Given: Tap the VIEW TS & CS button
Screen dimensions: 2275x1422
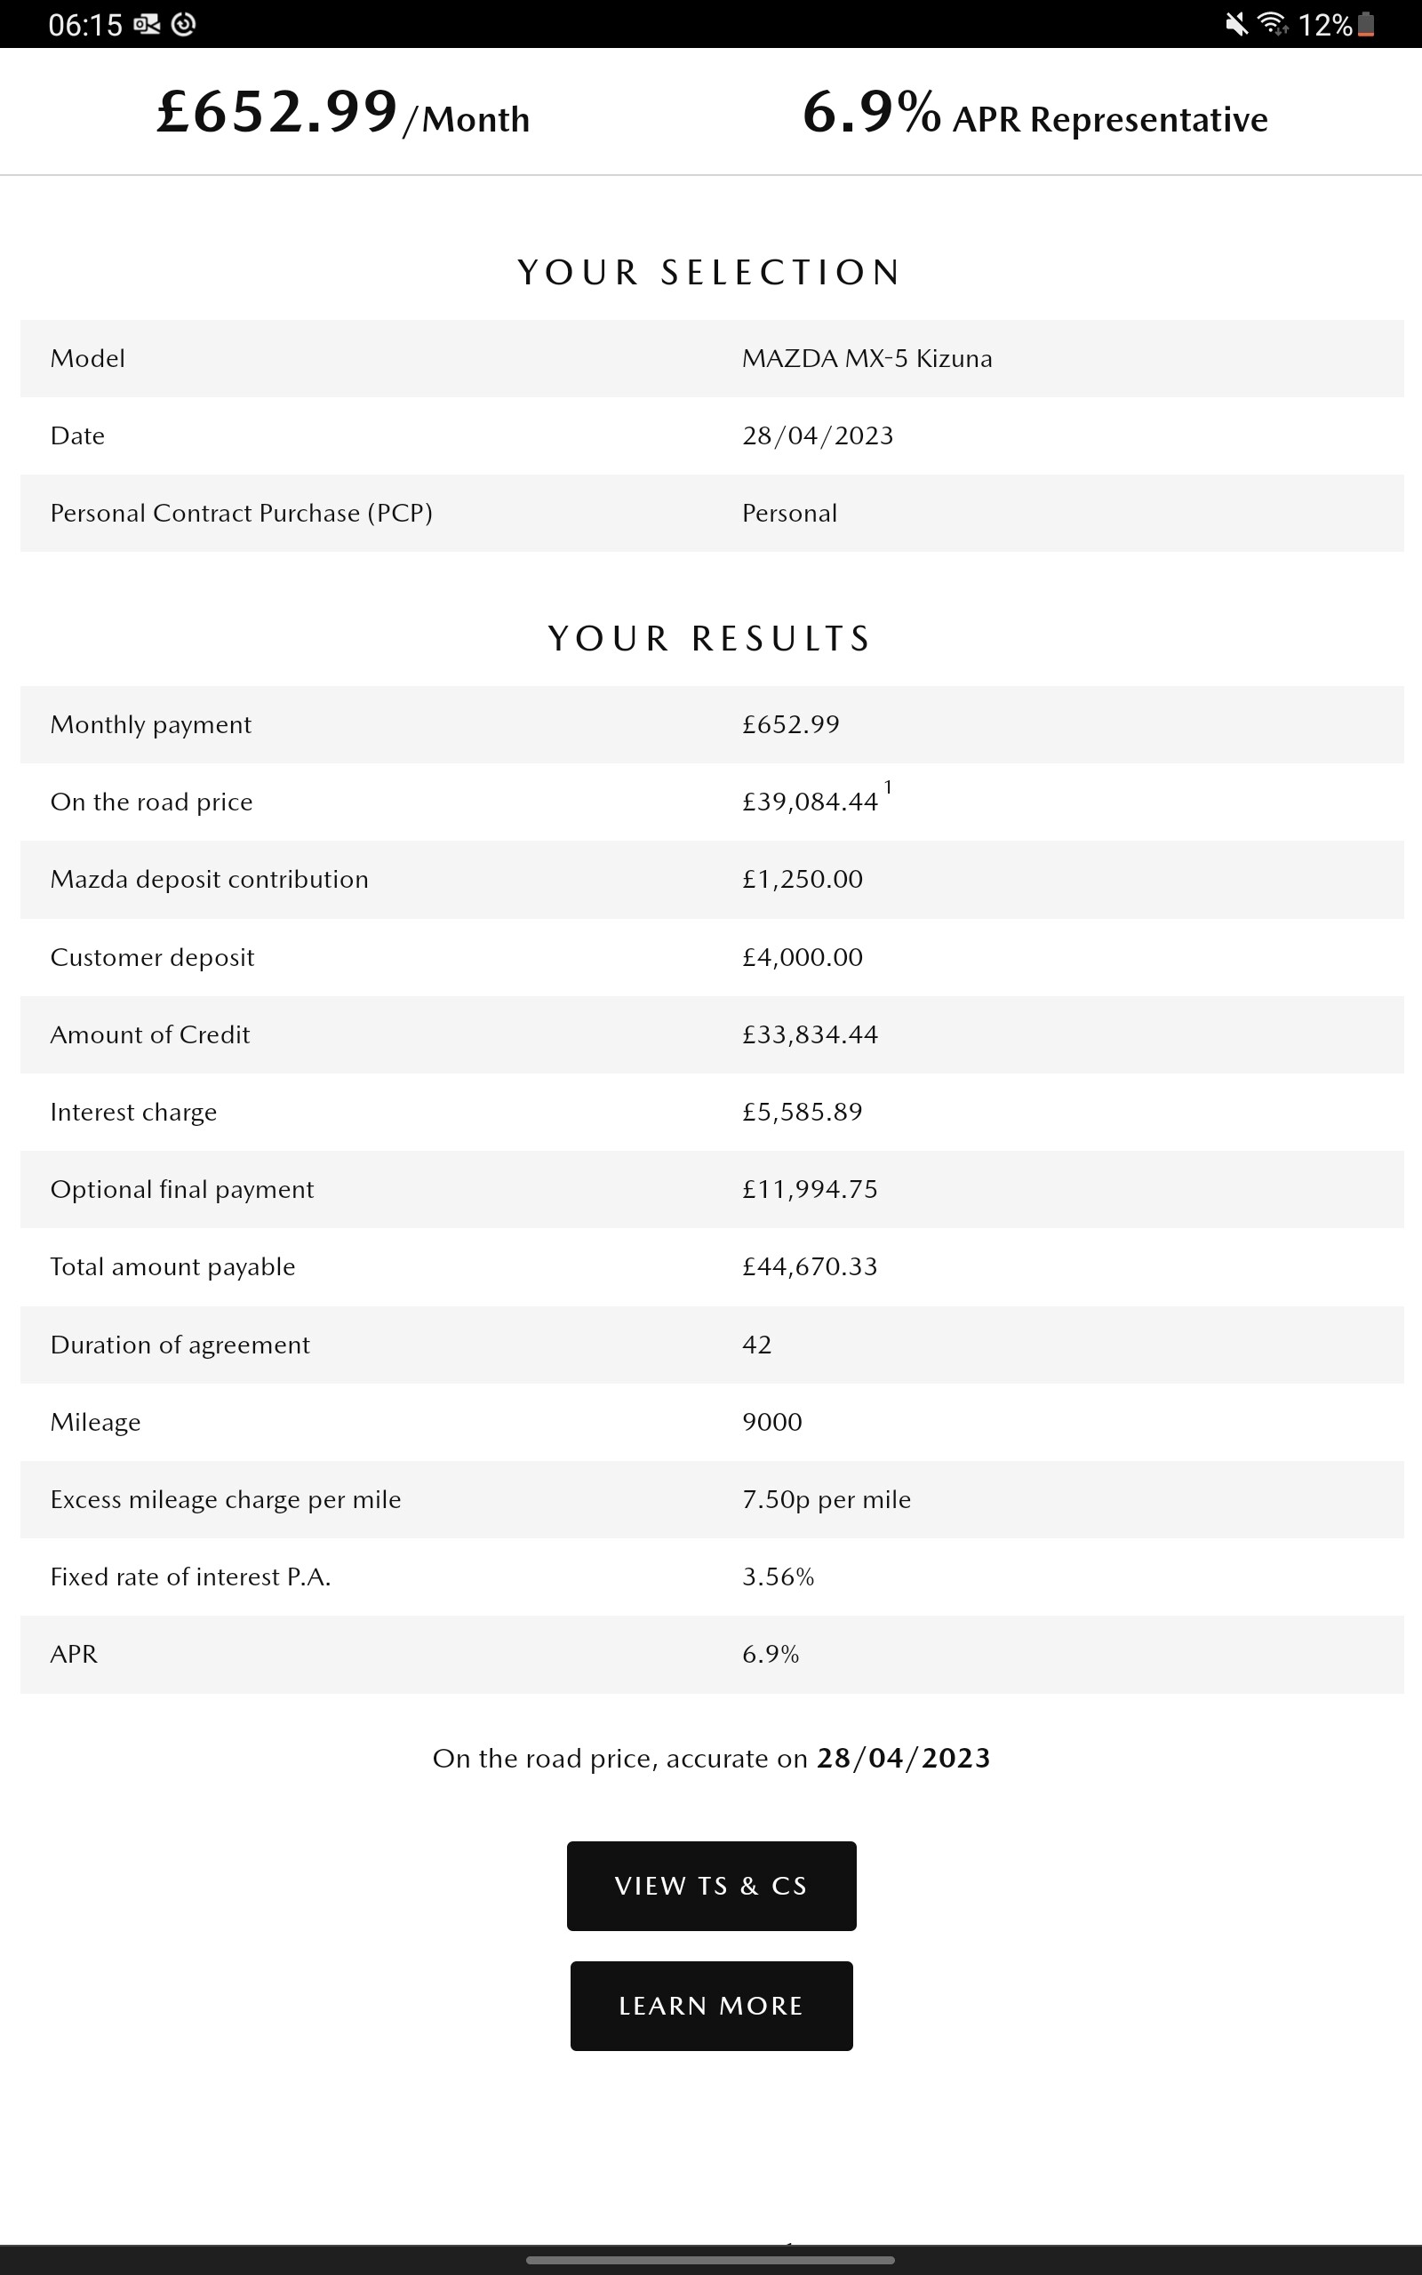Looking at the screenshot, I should (x=711, y=1886).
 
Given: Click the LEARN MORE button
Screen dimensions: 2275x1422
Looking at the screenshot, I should (x=711, y=2005).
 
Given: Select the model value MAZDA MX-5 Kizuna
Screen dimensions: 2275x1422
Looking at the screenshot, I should (x=867, y=358).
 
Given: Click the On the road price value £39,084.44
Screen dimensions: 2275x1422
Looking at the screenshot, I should (x=809, y=802).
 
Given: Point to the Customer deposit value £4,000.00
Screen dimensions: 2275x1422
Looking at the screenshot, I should (x=802, y=957).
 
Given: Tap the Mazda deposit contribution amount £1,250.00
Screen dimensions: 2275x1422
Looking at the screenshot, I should (x=802, y=879).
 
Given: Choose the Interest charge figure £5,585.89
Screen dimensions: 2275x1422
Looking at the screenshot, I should (x=802, y=1112).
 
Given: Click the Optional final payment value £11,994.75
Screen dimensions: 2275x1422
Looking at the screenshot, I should (x=809, y=1189).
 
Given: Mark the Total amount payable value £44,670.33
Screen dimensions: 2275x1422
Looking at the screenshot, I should (x=809, y=1266).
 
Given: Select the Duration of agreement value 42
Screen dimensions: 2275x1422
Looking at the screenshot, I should (x=756, y=1345).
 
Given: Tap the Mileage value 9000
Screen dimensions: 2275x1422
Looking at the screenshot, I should (x=771, y=1421).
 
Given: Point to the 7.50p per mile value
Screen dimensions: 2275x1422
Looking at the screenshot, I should (x=826, y=1499).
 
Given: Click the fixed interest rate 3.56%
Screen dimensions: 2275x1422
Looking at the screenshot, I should (x=778, y=1577).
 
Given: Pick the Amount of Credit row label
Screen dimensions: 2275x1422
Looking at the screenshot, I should (x=149, y=1034).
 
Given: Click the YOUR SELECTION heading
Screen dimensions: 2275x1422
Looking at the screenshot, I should (x=710, y=273).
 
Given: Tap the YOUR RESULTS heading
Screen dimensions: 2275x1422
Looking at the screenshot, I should (x=710, y=638).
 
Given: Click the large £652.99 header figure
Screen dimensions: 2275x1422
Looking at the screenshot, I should (x=277, y=112).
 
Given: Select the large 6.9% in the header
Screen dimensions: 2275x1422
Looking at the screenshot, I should (x=871, y=112).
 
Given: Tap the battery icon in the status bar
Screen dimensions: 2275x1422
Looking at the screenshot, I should (x=1367, y=25).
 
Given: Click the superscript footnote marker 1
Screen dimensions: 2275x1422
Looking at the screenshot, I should (x=888, y=786).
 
